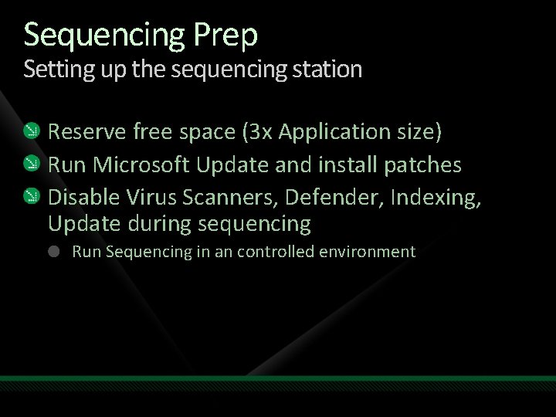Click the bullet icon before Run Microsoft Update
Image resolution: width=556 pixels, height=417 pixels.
[32, 164]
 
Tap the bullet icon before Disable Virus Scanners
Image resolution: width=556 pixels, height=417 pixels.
[32, 196]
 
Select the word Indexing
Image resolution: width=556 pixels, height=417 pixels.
[436, 196]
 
